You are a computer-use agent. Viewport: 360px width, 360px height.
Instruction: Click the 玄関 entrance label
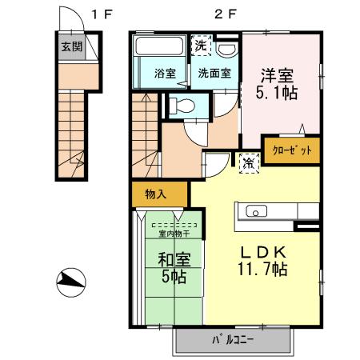pyautogui.click(x=71, y=46)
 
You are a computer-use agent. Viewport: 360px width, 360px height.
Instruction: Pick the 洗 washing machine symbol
pyautogui.click(x=200, y=46)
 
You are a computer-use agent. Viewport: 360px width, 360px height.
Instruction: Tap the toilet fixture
pyautogui.click(x=180, y=105)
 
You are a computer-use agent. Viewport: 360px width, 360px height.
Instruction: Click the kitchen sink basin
pyautogui.click(x=258, y=212)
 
